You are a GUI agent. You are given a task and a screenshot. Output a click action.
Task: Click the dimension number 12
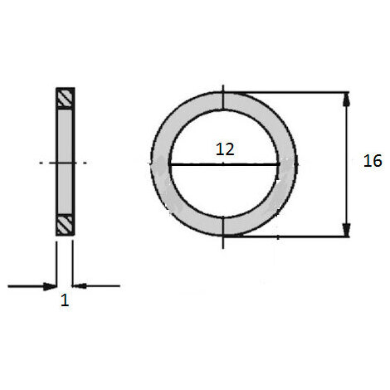pyautogui.click(x=225, y=149)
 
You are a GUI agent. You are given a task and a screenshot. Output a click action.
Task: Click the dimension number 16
pyautogui.click(x=373, y=161)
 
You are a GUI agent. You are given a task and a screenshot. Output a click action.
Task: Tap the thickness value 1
pyautogui.click(x=65, y=300)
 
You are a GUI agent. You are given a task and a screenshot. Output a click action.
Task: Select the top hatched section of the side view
pyautogui.click(x=66, y=98)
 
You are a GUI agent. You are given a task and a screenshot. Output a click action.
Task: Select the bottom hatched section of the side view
pyautogui.click(x=66, y=225)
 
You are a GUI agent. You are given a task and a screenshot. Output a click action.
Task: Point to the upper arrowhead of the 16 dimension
pyautogui.click(x=346, y=100)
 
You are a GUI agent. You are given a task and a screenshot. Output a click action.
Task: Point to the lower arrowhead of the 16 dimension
pyautogui.click(x=346, y=230)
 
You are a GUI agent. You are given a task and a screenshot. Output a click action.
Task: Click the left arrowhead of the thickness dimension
pyautogui.click(x=50, y=286)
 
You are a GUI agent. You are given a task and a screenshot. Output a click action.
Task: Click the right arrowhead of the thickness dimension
pyautogui.click(x=80, y=286)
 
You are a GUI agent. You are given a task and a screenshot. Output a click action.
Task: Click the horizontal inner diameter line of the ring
pyautogui.click(x=224, y=164)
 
